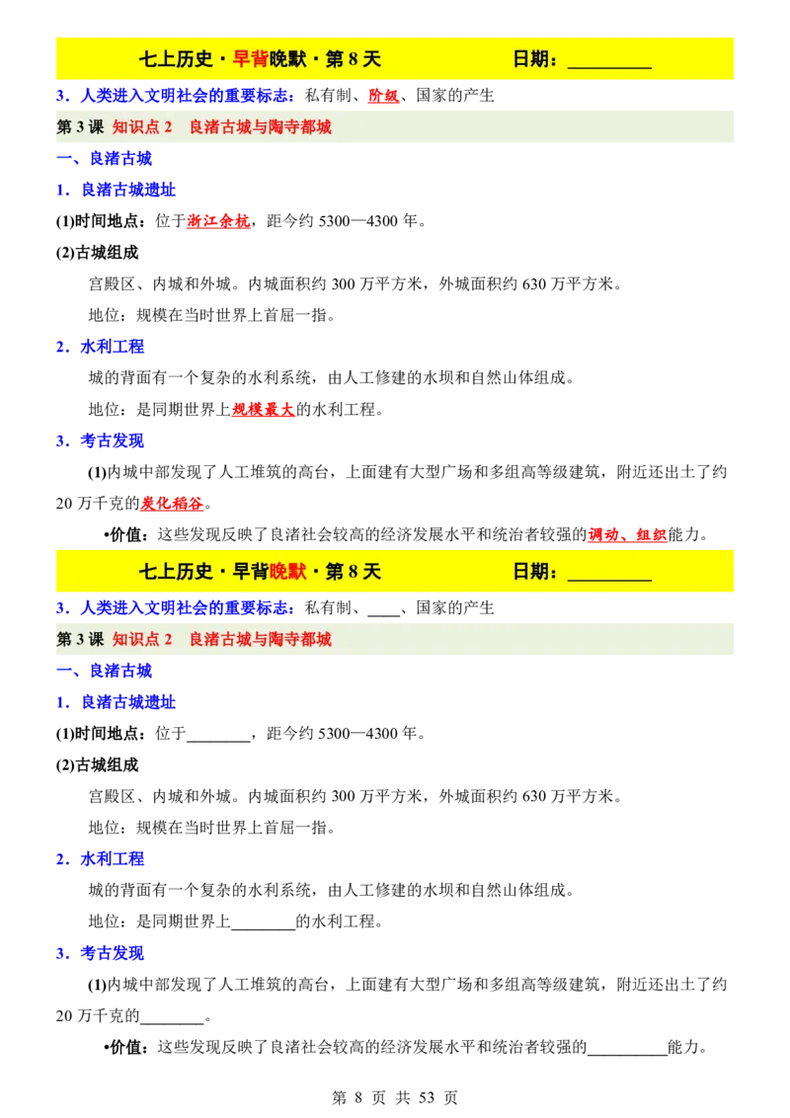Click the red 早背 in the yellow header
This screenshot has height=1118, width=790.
coord(251,59)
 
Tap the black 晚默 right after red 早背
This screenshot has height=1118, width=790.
coord(287,59)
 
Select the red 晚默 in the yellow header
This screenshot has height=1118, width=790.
coord(287,572)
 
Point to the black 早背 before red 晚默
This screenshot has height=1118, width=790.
coord(251,572)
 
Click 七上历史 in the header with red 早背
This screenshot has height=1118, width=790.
coord(177,59)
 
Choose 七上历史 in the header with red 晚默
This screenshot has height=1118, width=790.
coord(177,572)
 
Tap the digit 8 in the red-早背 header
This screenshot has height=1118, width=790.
coord(354,59)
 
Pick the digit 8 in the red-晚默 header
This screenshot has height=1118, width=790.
coord(354,572)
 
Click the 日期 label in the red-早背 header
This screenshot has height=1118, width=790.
coord(531,59)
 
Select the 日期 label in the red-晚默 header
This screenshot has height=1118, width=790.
coord(531,572)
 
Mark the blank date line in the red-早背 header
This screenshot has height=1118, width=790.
coord(609,63)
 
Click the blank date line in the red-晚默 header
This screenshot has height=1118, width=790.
coord(609,576)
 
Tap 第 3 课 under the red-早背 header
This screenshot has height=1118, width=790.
coord(80,127)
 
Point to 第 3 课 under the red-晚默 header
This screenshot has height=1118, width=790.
coord(80,640)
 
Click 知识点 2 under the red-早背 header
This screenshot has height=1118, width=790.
coord(142,127)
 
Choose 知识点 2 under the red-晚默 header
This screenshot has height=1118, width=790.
coord(142,640)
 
